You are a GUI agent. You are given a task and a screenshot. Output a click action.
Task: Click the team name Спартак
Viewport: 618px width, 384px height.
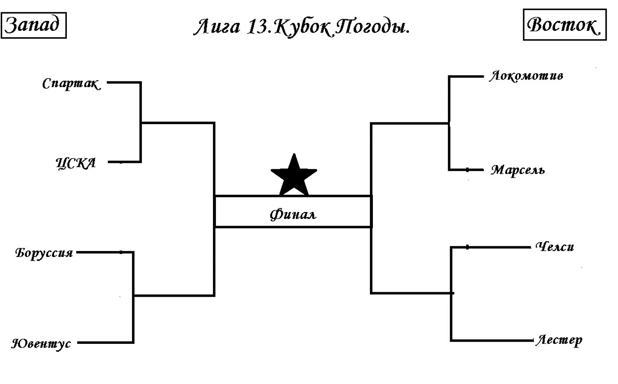click(72, 84)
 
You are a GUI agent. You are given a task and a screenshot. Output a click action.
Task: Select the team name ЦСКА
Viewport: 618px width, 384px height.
click(76, 163)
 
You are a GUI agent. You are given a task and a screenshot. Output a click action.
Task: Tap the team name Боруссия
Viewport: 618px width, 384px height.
click(44, 253)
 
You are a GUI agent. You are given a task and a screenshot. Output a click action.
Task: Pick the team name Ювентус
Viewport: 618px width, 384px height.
click(41, 344)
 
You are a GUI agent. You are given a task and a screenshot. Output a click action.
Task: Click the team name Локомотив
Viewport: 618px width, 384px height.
click(526, 76)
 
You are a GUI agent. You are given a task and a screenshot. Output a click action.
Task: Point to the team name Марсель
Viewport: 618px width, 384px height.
click(518, 170)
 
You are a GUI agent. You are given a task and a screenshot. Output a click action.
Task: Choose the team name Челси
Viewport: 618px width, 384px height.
click(555, 247)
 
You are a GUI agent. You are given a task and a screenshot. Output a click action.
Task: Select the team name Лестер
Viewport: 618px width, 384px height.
click(559, 341)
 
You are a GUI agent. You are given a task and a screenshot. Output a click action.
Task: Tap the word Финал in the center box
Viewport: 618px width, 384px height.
click(293, 215)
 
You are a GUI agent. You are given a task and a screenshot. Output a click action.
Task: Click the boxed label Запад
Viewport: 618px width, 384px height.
click(34, 25)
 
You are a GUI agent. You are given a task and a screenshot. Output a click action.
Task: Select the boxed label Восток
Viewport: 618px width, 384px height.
click(565, 25)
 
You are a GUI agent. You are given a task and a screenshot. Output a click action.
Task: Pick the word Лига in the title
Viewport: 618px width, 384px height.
click(217, 27)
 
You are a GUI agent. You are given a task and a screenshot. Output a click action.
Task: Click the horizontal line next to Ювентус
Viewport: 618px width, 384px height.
click(105, 343)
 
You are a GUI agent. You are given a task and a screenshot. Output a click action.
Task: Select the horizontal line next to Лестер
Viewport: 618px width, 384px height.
click(492, 341)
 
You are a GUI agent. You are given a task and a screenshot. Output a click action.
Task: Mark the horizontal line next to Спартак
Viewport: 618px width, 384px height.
click(124, 82)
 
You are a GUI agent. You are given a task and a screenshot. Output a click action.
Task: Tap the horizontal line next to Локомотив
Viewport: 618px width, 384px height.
click(466, 76)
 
